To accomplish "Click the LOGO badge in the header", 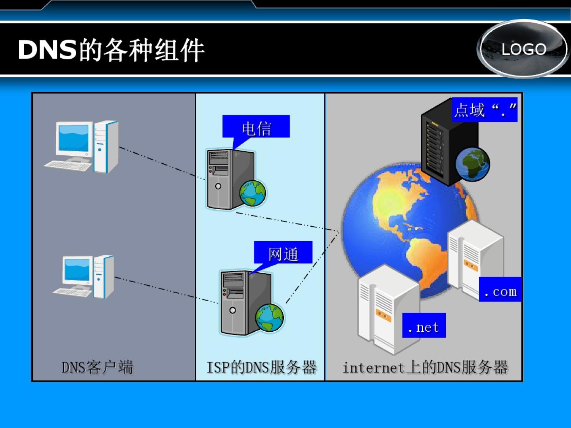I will [x=523, y=49].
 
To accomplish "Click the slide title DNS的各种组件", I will [x=111, y=50].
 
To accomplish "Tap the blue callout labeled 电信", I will [x=256, y=127].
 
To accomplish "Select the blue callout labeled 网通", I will [x=283, y=253].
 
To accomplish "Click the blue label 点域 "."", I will [x=485, y=110].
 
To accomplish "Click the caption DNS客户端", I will [x=97, y=367].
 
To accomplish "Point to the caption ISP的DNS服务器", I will [x=261, y=367].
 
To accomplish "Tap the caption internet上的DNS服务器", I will [x=425, y=367].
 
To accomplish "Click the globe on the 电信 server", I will [x=253, y=193].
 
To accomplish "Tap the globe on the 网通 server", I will [x=270, y=318].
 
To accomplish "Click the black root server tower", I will [x=440, y=143].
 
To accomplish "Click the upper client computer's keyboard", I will [x=68, y=165].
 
